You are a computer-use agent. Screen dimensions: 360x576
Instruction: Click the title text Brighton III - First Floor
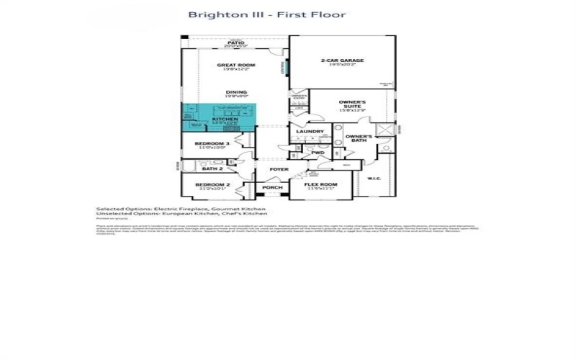[x=267, y=14]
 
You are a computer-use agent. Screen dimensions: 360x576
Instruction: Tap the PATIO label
[x=235, y=43]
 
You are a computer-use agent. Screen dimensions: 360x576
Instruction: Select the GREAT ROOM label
[x=236, y=66]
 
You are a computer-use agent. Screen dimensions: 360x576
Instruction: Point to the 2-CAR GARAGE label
[x=343, y=61]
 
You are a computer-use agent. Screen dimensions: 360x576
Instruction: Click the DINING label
[x=236, y=92]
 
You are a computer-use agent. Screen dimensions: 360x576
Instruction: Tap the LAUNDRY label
[x=310, y=131]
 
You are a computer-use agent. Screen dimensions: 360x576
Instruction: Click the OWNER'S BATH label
[x=358, y=138]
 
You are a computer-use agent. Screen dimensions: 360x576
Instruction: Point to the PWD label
[x=318, y=153]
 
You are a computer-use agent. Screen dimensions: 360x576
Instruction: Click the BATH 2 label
[x=212, y=168]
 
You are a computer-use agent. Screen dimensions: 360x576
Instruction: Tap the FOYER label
[x=279, y=169]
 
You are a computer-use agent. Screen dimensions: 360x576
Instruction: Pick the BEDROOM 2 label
[x=215, y=185]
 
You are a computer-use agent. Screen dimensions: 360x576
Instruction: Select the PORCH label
[x=272, y=187]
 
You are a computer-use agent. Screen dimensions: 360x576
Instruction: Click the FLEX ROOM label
[x=321, y=184]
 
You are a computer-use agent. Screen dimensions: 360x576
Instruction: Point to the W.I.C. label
[x=374, y=178]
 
